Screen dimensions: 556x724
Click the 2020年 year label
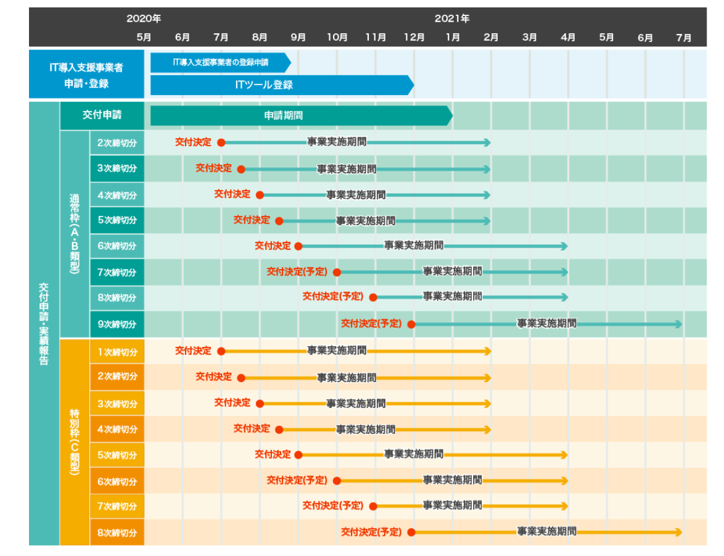pyautogui.click(x=144, y=19)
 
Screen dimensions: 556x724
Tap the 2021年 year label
pyautogui.click(x=452, y=19)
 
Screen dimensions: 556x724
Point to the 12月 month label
pyautogui.click(x=414, y=38)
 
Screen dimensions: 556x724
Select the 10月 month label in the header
pyautogui.click(x=337, y=38)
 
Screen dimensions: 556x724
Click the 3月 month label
pyautogui.click(x=530, y=38)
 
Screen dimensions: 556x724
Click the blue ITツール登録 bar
pyautogui.click(x=281, y=85)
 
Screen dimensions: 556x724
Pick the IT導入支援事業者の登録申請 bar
pyautogui.click(x=220, y=62)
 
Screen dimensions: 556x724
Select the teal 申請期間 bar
pyautogui.click(x=301, y=115)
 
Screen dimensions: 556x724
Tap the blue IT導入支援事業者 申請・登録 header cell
pyautogui.click(x=86, y=75)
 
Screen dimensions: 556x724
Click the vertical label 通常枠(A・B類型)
pyautogui.click(x=75, y=234)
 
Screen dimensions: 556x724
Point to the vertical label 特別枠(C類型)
pyautogui.click(x=75, y=441)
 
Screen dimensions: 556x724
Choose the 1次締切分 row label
pyautogui.click(x=117, y=352)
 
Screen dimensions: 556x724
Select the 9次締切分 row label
pyautogui.click(x=117, y=324)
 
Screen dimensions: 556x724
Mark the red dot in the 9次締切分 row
pyautogui.click(x=411, y=324)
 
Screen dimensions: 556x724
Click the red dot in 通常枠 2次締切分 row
pyautogui.click(x=221, y=143)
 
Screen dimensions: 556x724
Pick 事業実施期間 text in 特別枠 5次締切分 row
pyautogui.click(x=414, y=454)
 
